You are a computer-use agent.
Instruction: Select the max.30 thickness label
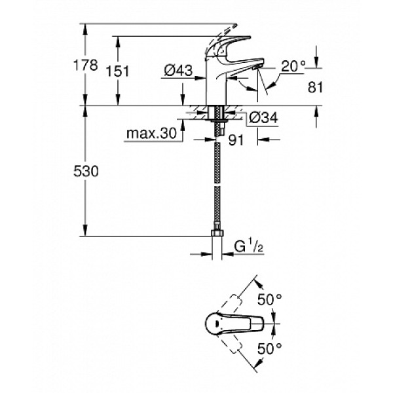coord(152,134)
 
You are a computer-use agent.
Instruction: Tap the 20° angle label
coord(293,65)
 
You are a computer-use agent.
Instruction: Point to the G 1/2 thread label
coord(250,248)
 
